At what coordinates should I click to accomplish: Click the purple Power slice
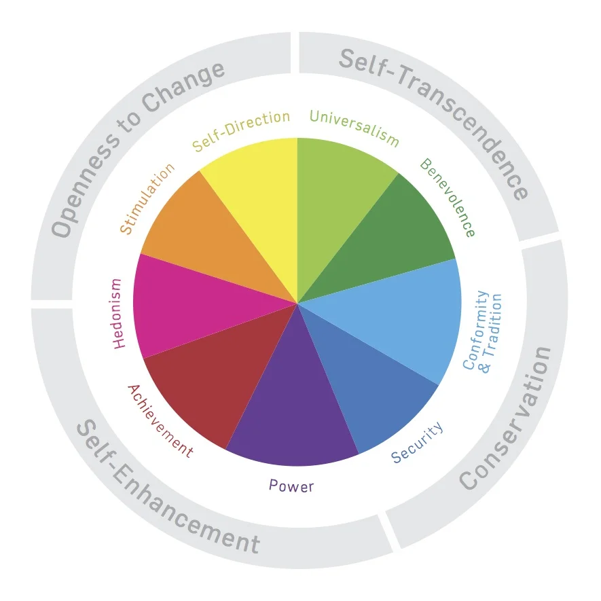pos(293,407)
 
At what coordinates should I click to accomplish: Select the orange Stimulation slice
pos(204,238)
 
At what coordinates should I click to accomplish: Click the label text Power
pos(291,485)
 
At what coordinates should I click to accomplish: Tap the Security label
pos(417,443)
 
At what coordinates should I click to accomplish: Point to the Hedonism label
pos(118,313)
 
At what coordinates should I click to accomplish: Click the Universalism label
pos(354,126)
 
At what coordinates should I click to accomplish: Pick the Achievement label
pos(160,421)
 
